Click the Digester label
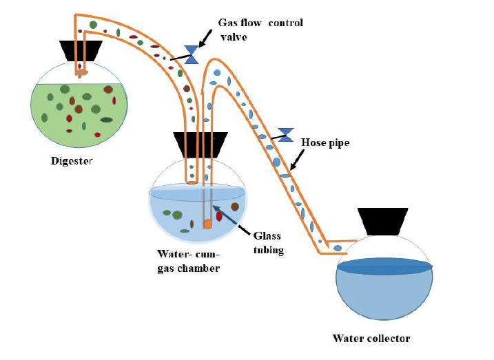[71, 162]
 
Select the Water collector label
[371, 338]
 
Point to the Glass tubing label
[267, 242]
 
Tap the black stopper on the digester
[82, 50]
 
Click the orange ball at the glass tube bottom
[207, 224]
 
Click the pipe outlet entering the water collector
[336, 248]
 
